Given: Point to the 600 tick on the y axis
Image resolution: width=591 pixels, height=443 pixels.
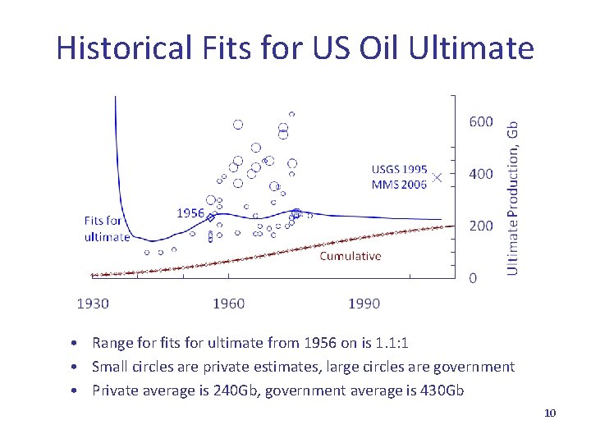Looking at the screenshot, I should [480, 121].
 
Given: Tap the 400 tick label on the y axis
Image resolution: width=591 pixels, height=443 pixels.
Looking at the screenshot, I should [480, 173].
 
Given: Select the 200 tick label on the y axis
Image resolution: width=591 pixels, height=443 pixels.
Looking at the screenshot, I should [480, 225].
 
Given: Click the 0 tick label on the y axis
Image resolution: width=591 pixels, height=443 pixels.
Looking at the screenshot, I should [472, 277].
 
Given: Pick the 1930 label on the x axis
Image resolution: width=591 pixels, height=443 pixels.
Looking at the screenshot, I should [92, 304].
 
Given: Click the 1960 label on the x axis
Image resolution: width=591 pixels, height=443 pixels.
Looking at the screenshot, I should [228, 304].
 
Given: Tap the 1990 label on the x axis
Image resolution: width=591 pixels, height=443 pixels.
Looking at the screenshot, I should [364, 304].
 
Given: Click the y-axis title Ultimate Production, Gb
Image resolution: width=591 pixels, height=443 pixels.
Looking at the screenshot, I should [513, 198].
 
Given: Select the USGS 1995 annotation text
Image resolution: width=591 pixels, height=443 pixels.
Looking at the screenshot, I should [399, 170].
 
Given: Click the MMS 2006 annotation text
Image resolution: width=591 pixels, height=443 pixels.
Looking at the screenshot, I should [399, 185].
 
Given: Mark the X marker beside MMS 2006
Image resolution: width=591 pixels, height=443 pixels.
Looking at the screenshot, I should [438, 176].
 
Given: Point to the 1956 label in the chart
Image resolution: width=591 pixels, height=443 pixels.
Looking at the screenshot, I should [190, 212].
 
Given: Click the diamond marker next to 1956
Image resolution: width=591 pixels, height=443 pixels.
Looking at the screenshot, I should [210, 218].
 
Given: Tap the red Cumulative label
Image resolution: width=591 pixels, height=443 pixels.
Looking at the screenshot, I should [350, 256].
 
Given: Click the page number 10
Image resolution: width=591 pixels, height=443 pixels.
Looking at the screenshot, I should [550, 413].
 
